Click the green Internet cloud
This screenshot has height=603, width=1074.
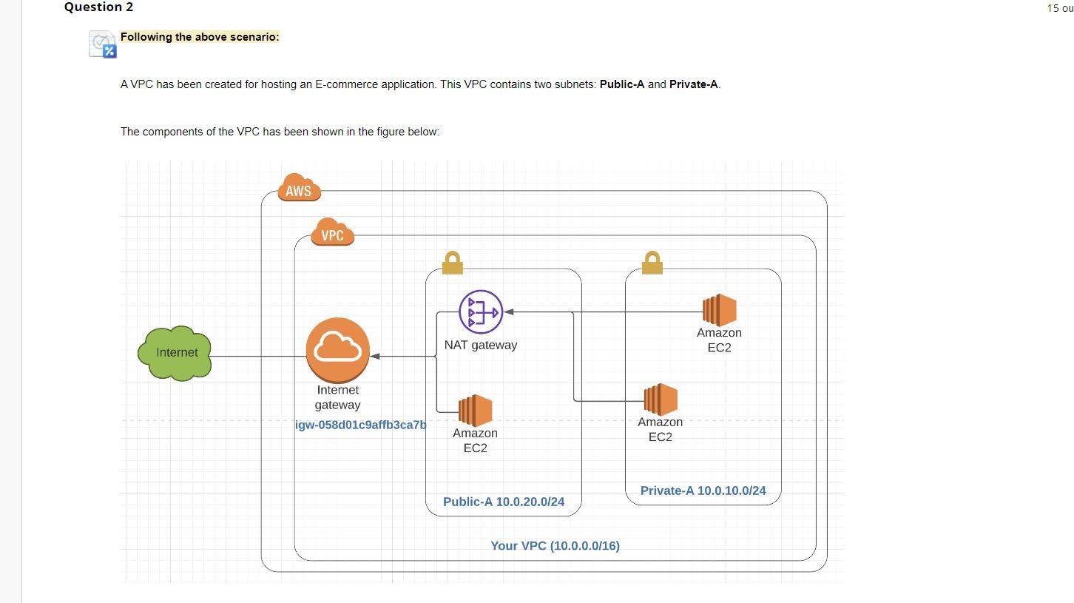(175, 353)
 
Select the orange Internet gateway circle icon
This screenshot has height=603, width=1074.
(338, 350)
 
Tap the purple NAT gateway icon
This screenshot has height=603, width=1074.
(481, 312)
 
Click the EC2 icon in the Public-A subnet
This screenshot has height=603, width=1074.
(475, 411)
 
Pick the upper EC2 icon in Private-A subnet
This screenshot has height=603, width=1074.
(719, 310)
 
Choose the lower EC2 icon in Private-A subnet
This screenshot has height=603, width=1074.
(661, 400)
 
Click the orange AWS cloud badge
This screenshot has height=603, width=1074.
(299, 189)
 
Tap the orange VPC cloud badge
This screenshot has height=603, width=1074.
(333, 234)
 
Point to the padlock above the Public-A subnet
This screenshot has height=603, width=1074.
(452, 263)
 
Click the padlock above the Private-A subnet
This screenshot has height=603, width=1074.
(652, 263)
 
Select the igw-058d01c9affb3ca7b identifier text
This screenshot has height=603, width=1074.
(361, 425)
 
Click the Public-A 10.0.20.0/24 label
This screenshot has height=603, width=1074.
(504, 502)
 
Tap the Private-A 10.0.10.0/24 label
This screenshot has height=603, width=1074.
(703, 491)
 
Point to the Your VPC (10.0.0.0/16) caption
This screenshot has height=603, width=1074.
(555, 546)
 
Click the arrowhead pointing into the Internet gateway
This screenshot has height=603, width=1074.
(375, 356)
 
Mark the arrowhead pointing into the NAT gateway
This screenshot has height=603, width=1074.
(509, 312)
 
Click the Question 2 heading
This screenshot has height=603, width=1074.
(98, 7)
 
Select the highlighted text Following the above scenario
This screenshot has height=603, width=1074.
(200, 37)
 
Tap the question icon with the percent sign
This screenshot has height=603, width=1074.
(103, 44)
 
